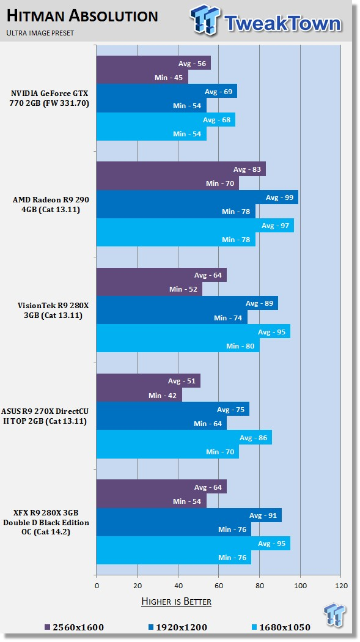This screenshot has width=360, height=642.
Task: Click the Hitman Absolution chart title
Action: click(83, 16)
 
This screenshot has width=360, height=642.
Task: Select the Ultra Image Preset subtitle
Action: click(40, 33)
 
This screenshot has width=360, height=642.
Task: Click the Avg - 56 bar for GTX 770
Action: click(153, 62)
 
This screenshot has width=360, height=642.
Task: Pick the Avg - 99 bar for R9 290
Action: click(197, 197)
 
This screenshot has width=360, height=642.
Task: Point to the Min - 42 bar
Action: click(139, 395)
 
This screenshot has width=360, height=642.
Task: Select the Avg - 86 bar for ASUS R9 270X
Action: click(184, 437)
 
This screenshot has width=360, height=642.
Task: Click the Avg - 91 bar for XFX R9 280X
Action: click(189, 515)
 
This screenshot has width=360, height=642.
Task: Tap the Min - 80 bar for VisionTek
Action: click(178, 345)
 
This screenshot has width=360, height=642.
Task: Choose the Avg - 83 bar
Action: click(181, 169)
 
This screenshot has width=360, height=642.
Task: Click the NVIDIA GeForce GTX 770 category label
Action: click(50, 98)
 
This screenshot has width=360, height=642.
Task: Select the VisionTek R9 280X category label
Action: click(50, 311)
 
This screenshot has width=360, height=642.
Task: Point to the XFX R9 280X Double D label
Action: click(46, 522)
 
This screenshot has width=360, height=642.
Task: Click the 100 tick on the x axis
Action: click(300, 586)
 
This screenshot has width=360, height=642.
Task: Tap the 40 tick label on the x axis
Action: click(178, 586)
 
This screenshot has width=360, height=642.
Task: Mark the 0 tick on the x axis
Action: click(97, 586)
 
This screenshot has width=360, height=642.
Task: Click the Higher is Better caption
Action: click(176, 602)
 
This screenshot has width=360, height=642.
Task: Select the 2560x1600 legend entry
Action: click(74, 627)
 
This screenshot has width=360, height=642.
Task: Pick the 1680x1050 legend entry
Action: click(281, 627)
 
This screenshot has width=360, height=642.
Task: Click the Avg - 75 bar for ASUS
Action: click(172, 409)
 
